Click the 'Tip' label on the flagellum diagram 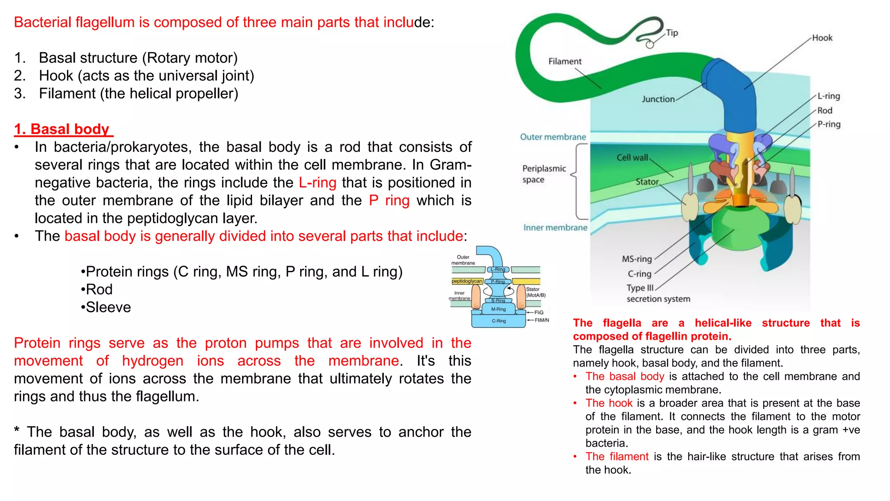pyautogui.click(x=672, y=33)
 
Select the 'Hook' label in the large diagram pyautogui.click(x=822, y=38)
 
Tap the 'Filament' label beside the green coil pyautogui.click(x=565, y=61)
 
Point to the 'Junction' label pyautogui.click(x=658, y=99)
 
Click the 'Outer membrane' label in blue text pyautogui.click(x=553, y=137)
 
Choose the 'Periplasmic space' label pyautogui.click(x=544, y=174)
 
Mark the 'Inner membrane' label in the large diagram pyautogui.click(x=555, y=227)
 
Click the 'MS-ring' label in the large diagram pyautogui.click(x=637, y=259)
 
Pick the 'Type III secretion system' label pyautogui.click(x=658, y=294)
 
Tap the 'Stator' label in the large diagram pyautogui.click(x=647, y=182)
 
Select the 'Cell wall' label pyautogui.click(x=632, y=157)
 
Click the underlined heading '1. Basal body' pyautogui.click(x=63, y=129)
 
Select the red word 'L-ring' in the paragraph pyautogui.click(x=317, y=183)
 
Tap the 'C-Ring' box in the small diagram pyautogui.click(x=498, y=321)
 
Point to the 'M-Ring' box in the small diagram pyautogui.click(x=498, y=309)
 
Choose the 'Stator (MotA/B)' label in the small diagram pyautogui.click(x=535, y=292)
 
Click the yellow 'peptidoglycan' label pyautogui.click(x=467, y=281)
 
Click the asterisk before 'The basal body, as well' pyautogui.click(x=17, y=431)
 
